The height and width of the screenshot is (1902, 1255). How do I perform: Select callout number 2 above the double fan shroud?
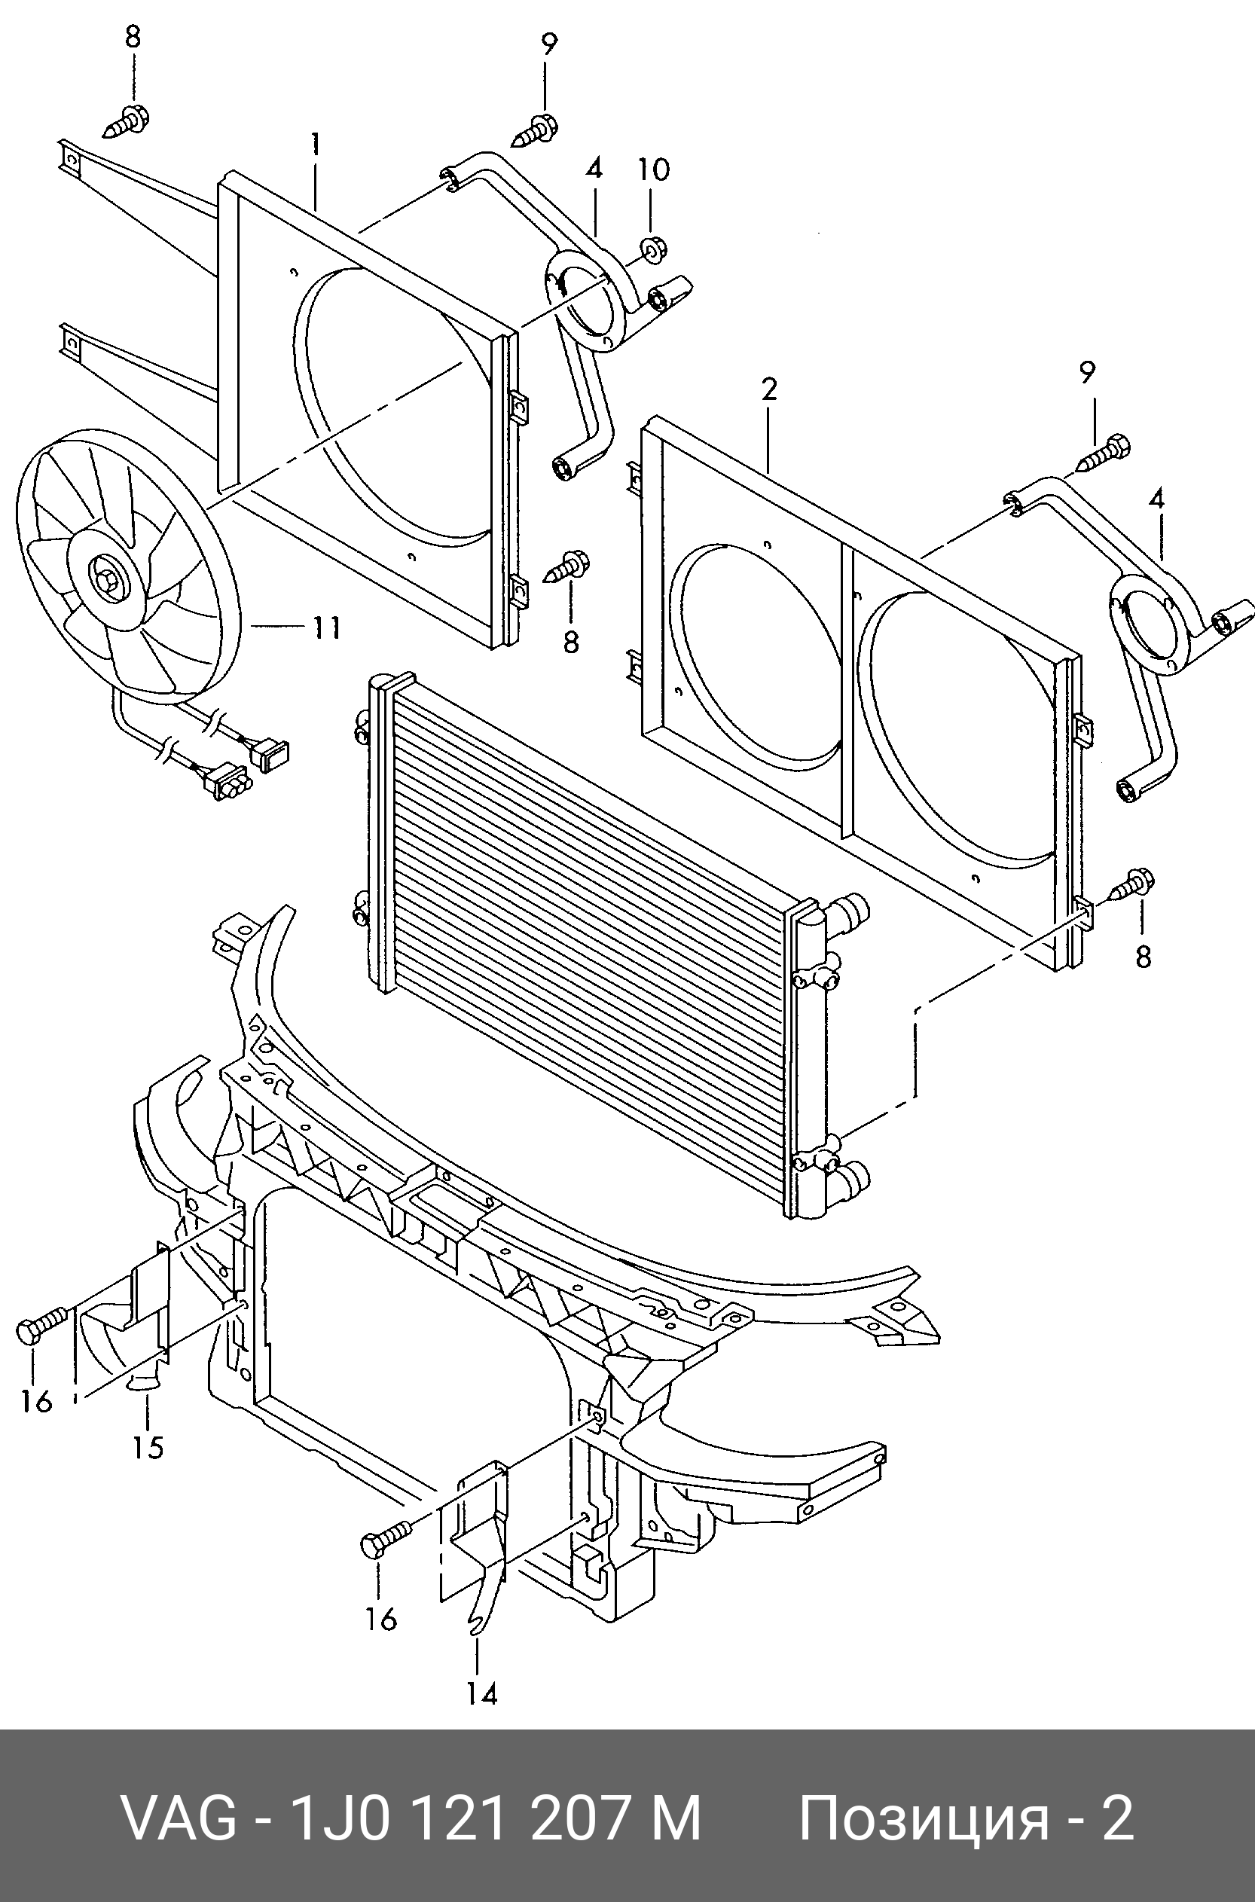768,389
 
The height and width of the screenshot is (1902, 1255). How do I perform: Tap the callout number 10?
653,169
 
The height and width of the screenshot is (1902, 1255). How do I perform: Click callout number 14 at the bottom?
483,1695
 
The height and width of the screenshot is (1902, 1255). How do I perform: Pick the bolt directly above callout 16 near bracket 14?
386,1540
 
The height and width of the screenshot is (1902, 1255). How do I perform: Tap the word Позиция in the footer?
924,1818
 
